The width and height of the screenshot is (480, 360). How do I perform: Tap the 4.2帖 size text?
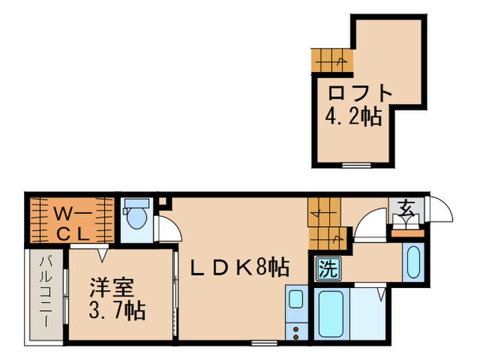click(352, 117)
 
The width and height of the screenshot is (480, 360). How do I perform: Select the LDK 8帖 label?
click(239, 267)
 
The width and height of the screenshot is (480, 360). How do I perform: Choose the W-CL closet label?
click(69, 222)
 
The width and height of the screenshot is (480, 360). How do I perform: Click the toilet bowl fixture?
click(136, 217)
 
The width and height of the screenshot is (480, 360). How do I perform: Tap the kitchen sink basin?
click(296, 300)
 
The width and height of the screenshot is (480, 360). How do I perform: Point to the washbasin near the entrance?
click(413, 262)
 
